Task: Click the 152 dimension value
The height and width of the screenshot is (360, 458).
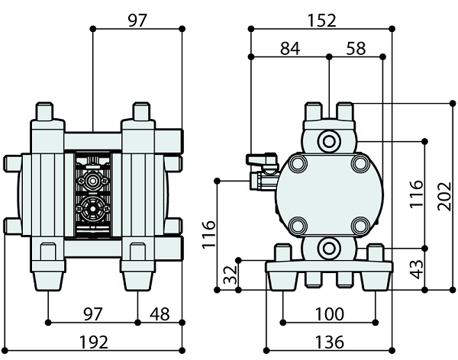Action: tap(322, 21)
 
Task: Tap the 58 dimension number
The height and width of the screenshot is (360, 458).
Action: tap(356, 49)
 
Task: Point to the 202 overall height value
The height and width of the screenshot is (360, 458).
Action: tap(444, 200)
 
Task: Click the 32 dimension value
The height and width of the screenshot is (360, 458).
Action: tap(227, 275)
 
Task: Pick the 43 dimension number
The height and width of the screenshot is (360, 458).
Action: tap(416, 269)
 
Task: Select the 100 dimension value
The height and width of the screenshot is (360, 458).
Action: tap(328, 314)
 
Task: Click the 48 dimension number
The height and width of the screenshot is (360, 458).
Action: tap(160, 314)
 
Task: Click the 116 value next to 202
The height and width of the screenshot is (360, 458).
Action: tap(416, 194)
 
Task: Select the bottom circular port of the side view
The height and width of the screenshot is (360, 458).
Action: tap(329, 247)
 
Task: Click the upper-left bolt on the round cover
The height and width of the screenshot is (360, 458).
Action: tap(298, 164)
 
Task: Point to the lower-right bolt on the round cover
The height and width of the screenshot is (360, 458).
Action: tap(360, 226)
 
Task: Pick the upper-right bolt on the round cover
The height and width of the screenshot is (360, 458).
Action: tap(360, 164)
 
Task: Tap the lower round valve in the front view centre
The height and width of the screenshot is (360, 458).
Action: tap(93, 206)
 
